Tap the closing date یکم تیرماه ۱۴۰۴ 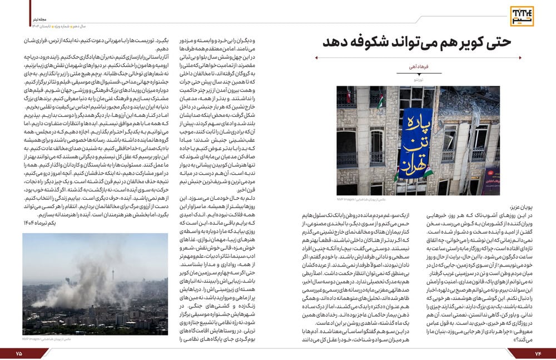point(42,223)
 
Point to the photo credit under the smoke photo point(42,338)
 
